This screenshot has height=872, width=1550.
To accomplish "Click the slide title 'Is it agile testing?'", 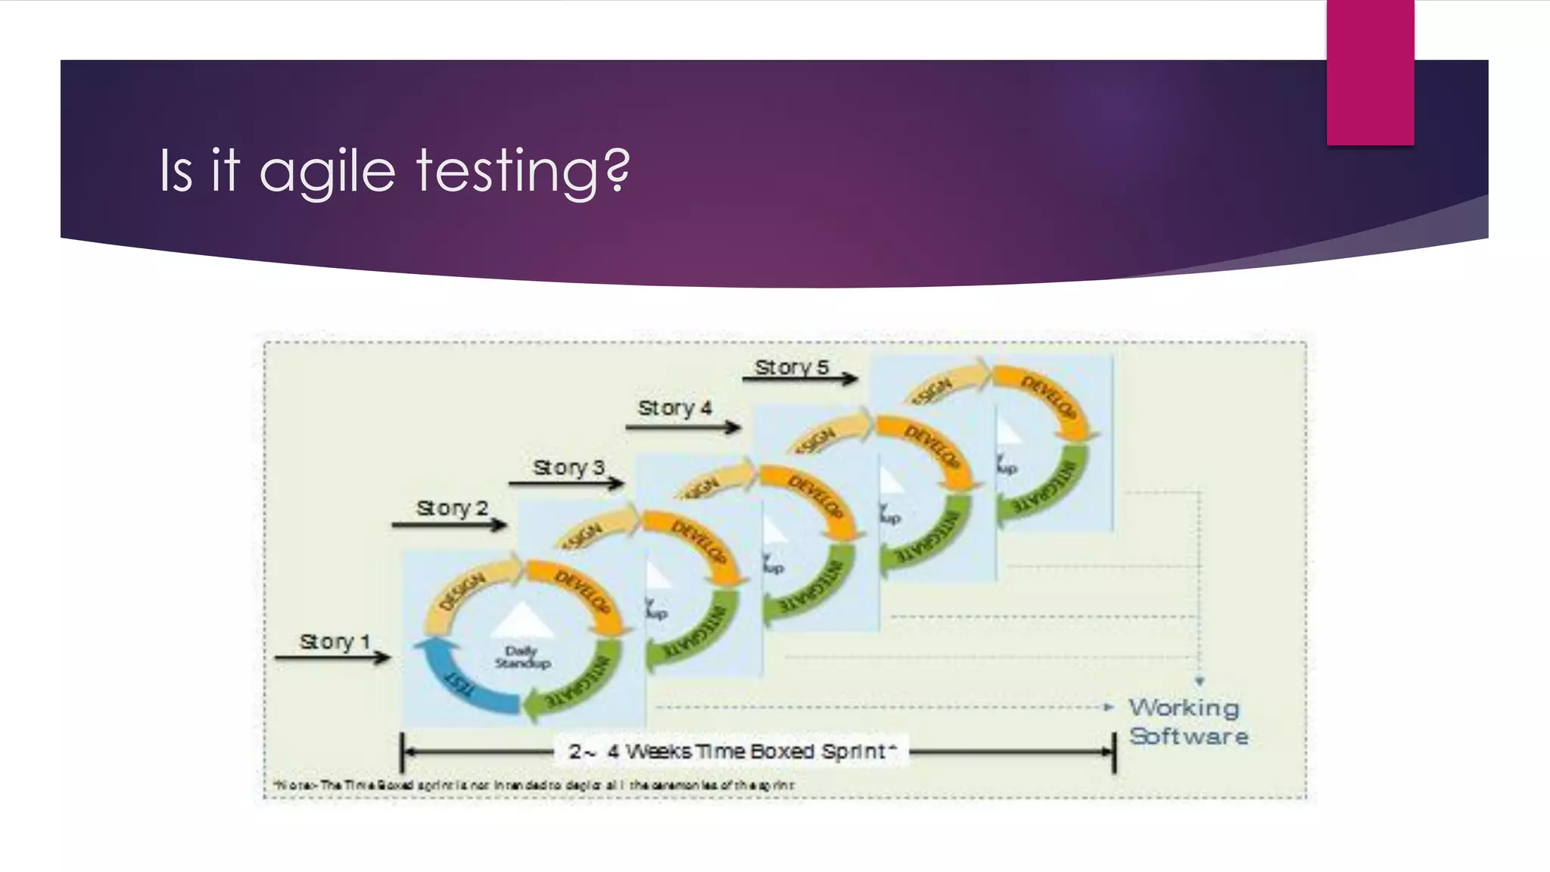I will point(394,171).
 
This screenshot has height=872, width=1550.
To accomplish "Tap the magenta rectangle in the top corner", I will point(1370,73).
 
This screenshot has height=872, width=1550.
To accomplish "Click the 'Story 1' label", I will point(335,641).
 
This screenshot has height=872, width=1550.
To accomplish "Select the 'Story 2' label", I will point(452,508).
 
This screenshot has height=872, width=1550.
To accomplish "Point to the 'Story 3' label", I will point(568,467).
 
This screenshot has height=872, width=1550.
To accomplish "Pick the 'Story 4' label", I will point(674,408).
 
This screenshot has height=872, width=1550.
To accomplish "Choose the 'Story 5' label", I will point(792,367).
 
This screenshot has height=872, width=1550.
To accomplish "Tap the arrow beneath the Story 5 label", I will point(799,378).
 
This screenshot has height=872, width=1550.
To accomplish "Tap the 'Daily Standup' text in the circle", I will point(521,657).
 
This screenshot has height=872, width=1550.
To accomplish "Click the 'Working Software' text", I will point(1187,721).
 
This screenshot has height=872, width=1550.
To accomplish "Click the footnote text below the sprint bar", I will point(534,785).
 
